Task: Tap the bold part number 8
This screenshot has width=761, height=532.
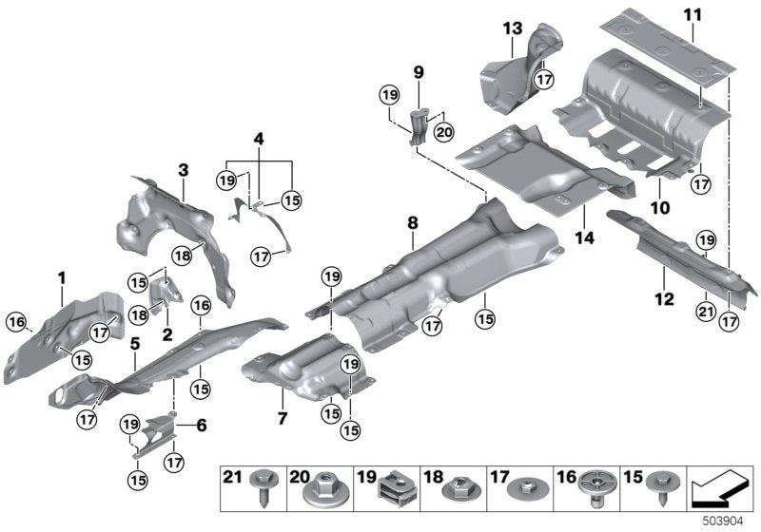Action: coord(412,223)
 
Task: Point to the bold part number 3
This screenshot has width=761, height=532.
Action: coord(184,169)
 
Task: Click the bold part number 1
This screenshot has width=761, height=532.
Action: coord(61,277)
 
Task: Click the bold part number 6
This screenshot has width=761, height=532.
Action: coord(201,427)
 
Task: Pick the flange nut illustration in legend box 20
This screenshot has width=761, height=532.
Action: coord(318,490)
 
